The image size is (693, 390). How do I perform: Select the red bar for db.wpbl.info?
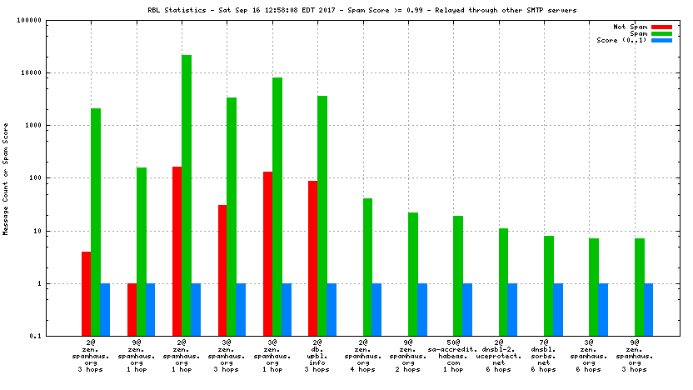312,258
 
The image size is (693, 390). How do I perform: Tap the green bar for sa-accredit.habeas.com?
458,276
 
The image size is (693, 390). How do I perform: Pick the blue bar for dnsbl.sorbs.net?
558,309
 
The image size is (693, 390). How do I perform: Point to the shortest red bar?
132,309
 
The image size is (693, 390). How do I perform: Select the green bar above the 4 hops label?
367,267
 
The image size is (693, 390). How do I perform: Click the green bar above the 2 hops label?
413,274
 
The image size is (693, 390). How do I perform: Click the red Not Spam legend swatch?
661,27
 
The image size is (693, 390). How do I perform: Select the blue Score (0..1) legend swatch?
661,40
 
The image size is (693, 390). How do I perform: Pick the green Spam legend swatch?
661,33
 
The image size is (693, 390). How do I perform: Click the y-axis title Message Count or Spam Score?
6,178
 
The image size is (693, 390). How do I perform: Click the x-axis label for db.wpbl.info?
317,356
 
